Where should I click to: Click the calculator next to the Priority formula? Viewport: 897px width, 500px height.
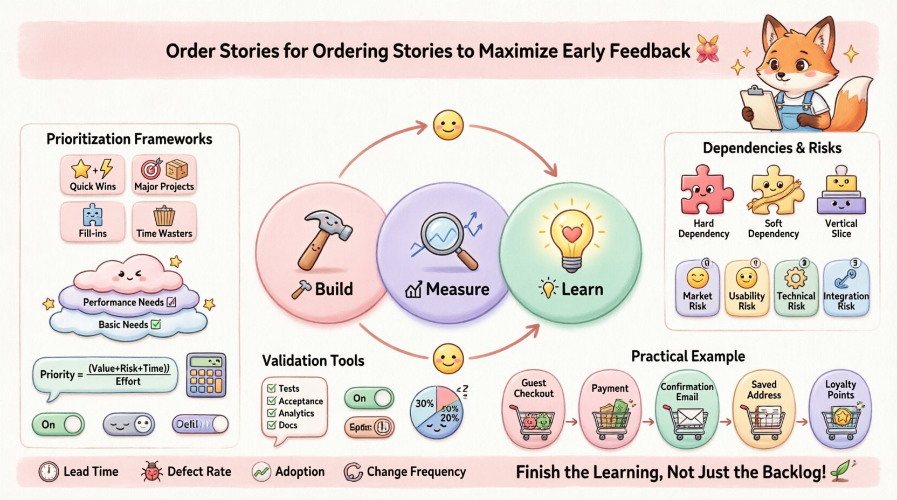click(x=206, y=376)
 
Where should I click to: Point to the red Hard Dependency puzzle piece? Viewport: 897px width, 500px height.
click(x=705, y=190)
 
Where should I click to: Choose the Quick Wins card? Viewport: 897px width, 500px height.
click(x=93, y=175)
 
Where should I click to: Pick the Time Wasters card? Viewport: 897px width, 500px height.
click(x=164, y=221)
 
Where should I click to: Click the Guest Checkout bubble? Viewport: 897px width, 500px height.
click(x=534, y=408)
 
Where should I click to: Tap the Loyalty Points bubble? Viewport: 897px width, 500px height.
click(x=840, y=408)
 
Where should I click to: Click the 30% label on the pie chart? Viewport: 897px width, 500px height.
click(x=424, y=403)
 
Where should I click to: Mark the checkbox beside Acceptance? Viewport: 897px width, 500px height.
click(x=272, y=401)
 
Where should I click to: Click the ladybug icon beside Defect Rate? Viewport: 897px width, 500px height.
click(x=151, y=472)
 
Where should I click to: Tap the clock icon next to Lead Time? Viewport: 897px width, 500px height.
click(x=49, y=472)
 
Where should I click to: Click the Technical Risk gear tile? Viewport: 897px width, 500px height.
click(x=796, y=288)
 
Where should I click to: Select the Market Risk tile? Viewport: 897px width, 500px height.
click(x=698, y=288)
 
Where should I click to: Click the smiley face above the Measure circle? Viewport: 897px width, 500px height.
click(x=448, y=126)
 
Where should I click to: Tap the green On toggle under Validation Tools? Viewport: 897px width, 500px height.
click(x=369, y=398)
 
